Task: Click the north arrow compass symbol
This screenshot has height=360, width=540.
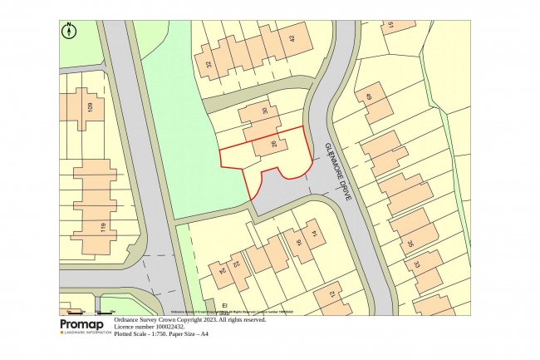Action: pyautogui.click(x=69, y=31)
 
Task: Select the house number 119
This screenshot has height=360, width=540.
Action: pyautogui.click(x=102, y=228)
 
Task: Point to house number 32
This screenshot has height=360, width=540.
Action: pyautogui.click(x=208, y=64)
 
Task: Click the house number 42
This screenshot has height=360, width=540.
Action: pyautogui.click(x=292, y=38)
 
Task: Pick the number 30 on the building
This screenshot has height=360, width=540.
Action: pyautogui.click(x=265, y=112)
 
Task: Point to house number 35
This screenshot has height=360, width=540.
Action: pyautogui.click(x=410, y=244)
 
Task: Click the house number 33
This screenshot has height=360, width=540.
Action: pyautogui.click(x=417, y=264)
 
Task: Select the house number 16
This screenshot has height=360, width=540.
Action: pyautogui.click(x=298, y=244)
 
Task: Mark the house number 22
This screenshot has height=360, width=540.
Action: pyautogui.click(x=236, y=264)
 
